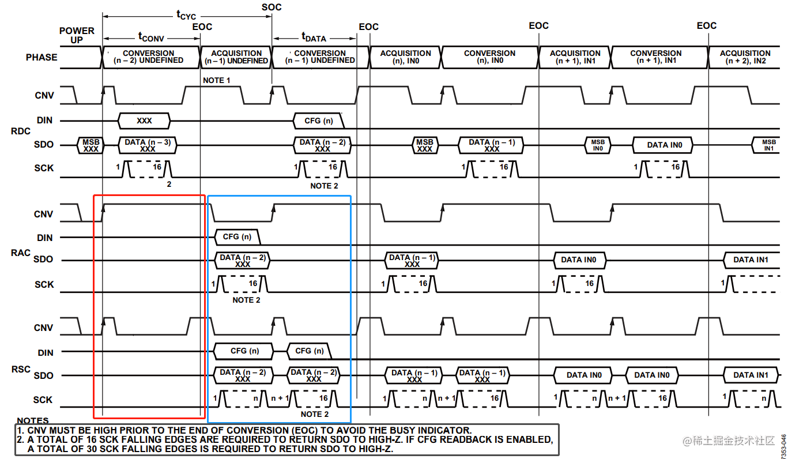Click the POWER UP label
coord(77,35)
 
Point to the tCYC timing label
coord(186,14)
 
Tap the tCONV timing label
coord(151,37)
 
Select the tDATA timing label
coord(314,37)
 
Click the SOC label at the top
coord(272,7)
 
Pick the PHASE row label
coord(42,58)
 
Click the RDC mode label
coord(21,131)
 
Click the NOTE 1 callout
coord(217,80)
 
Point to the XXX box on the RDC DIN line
coord(144,121)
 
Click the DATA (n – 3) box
coord(148,145)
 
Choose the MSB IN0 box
coord(598,145)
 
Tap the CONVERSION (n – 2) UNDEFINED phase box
coord(149,57)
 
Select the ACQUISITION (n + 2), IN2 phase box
coord(745,57)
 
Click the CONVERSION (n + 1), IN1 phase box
coord(656,57)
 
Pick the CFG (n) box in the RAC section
coord(237,237)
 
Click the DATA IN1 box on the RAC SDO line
coord(751,260)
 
